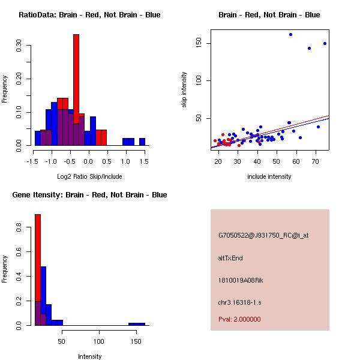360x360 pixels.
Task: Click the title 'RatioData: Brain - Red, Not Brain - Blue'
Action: coord(89,14)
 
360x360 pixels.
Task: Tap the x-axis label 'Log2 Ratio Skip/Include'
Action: coord(89,176)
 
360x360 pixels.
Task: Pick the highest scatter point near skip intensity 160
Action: coord(290,34)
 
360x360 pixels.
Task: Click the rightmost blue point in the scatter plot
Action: coord(325,43)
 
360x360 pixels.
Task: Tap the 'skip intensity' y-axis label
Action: coord(184,90)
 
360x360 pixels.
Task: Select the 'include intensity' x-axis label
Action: coord(269,176)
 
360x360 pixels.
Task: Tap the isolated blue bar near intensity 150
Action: coord(137,324)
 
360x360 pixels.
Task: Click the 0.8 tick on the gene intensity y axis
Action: coord(20,228)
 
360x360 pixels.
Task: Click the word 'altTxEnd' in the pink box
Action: coord(230,258)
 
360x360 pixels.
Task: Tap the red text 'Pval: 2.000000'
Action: coord(239,319)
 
